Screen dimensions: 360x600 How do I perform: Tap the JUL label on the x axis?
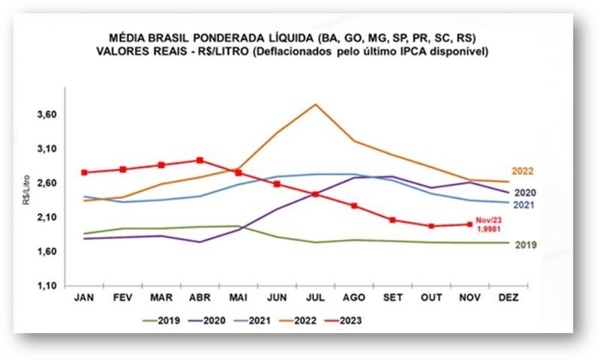[x=315, y=297]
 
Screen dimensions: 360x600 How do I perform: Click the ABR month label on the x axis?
[x=199, y=297]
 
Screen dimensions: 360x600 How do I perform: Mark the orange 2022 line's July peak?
[x=316, y=104]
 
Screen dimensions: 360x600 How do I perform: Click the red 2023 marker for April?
[x=199, y=160]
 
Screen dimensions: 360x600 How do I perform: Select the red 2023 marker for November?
[x=469, y=224]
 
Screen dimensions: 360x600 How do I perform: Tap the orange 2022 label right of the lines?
[x=523, y=172]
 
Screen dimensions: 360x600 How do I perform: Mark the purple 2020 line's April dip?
[x=199, y=241]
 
